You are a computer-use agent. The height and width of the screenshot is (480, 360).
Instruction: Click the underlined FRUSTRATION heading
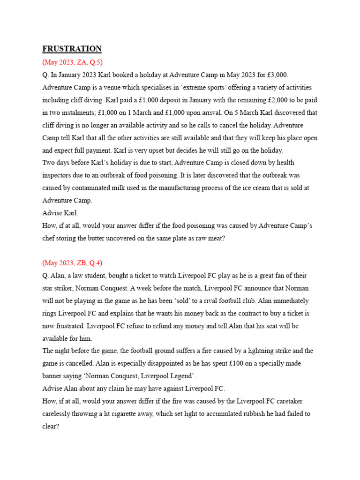coord(72,49)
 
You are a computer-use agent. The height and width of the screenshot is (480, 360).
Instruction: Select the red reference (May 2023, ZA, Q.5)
coord(72,62)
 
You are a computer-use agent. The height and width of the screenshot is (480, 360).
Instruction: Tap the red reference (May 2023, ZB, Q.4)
coord(72,262)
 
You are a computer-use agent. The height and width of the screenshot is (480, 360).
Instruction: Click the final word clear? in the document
coord(50,427)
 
